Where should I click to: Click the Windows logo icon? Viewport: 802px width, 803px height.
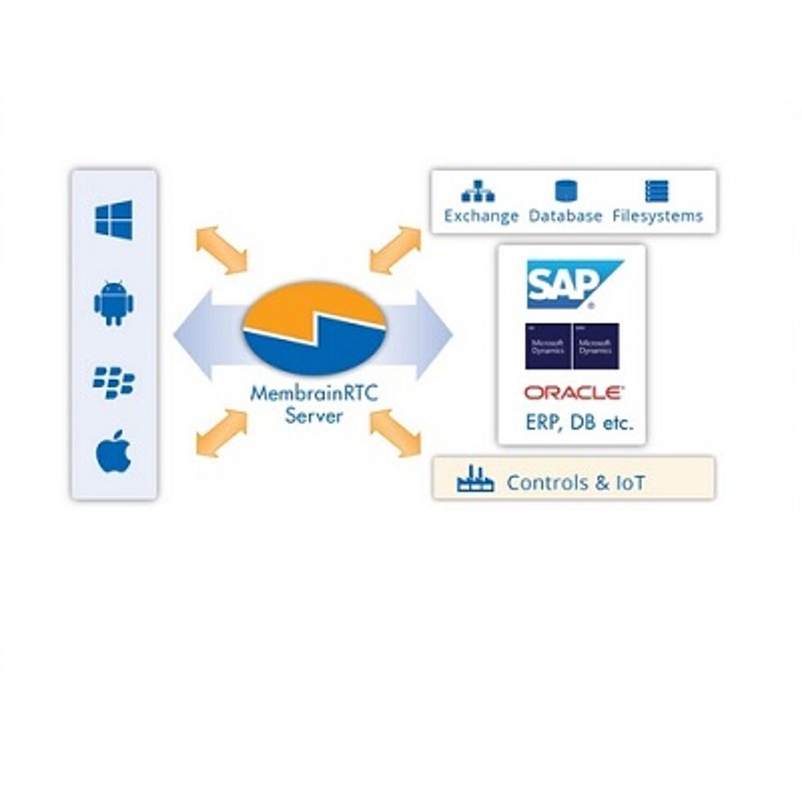click(x=114, y=220)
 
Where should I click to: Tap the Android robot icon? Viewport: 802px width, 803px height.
click(x=114, y=304)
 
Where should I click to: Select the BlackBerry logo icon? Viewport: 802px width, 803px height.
click(x=114, y=382)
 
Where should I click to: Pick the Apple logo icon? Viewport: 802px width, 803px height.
click(x=114, y=452)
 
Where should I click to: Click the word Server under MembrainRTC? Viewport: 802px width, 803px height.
click(x=314, y=415)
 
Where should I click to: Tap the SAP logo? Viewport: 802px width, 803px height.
click(x=572, y=283)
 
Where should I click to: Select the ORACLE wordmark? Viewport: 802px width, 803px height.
click(x=574, y=394)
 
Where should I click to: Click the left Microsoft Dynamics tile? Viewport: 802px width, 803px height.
click(x=547, y=346)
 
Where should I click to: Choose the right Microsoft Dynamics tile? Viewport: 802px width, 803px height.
click(x=596, y=346)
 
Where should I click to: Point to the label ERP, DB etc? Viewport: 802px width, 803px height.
click(x=579, y=423)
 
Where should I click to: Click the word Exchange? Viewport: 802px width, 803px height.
click(x=481, y=216)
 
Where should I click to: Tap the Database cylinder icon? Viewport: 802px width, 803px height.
click(x=566, y=192)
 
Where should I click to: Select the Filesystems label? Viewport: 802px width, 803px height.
click(x=657, y=216)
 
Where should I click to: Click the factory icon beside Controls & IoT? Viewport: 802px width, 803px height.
click(x=475, y=480)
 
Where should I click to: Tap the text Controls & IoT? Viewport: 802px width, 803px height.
click(x=575, y=482)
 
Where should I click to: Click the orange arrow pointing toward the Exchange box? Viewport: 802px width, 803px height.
click(x=395, y=250)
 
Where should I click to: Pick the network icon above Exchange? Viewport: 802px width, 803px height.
click(x=478, y=192)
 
